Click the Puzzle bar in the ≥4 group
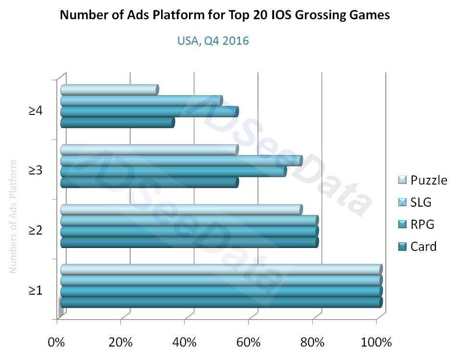(x=109, y=90)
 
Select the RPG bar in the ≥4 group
(x=149, y=112)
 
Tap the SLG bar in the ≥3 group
(x=181, y=161)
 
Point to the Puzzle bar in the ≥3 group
(x=149, y=149)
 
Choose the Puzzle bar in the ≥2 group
(x=181, y=210)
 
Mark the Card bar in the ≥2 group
(x=189, y=242)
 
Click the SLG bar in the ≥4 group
(x=141, y=101)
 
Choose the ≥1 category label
(x=36, y=291)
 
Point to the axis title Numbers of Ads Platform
(x=13, y=216)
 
